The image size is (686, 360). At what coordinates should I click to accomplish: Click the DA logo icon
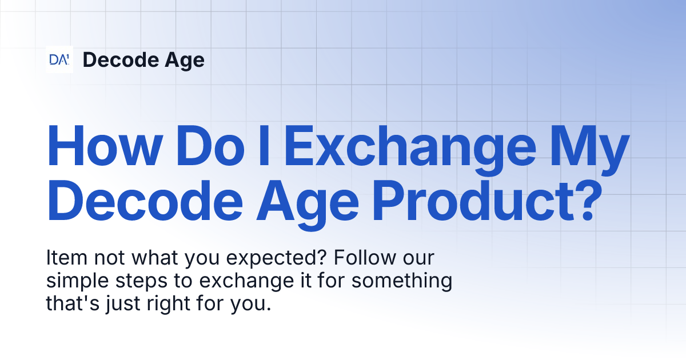point(59,59)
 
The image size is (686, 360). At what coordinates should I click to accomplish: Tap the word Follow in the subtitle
point(362,258)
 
